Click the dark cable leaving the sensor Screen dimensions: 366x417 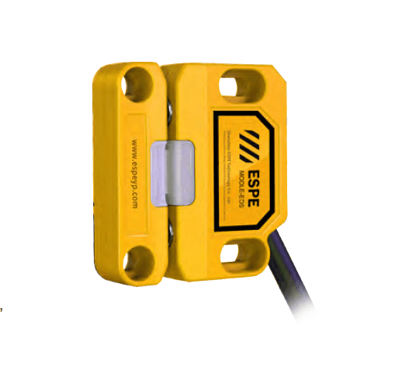pos(297,274)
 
